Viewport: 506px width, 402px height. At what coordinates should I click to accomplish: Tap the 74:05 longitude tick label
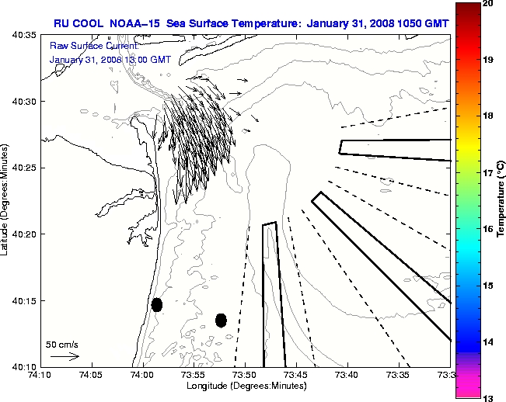(x=91, y=375)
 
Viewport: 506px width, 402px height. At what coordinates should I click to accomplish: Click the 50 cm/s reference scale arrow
(x=65, y=356)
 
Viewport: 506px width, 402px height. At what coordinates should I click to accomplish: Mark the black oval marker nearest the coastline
(x=157, y=304)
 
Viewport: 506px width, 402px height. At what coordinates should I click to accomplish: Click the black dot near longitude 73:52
(x=221, y=320)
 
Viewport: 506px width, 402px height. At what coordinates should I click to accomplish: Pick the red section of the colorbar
(x=466, y=31)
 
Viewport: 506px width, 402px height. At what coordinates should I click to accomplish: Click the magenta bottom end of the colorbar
(x=466, y=388)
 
